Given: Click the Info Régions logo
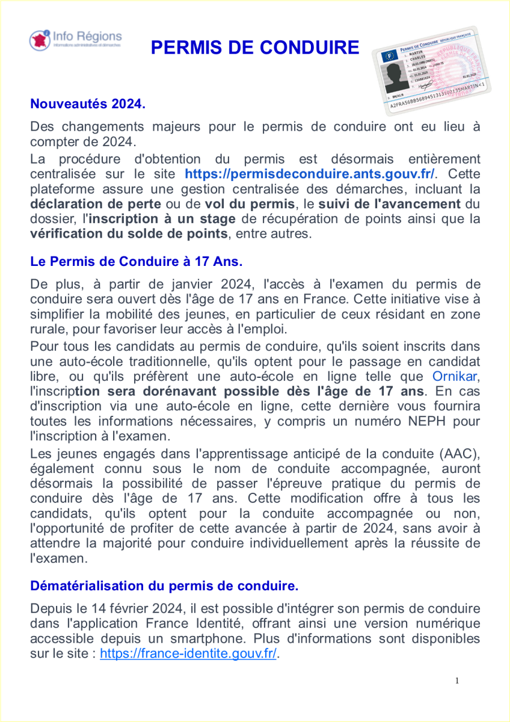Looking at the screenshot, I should [75, 40].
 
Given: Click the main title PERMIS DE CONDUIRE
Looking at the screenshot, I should [255, 48].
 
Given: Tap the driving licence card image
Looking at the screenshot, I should [431, 71].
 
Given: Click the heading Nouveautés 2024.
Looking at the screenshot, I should [88, 103].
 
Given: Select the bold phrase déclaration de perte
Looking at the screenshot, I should [96, 203].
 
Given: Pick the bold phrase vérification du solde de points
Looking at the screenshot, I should [129, 233].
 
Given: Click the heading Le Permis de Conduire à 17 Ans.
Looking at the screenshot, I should [136, 262].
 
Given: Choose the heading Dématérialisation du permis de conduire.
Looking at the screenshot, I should [164, 585].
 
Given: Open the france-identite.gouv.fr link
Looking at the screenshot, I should [188, 654].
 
